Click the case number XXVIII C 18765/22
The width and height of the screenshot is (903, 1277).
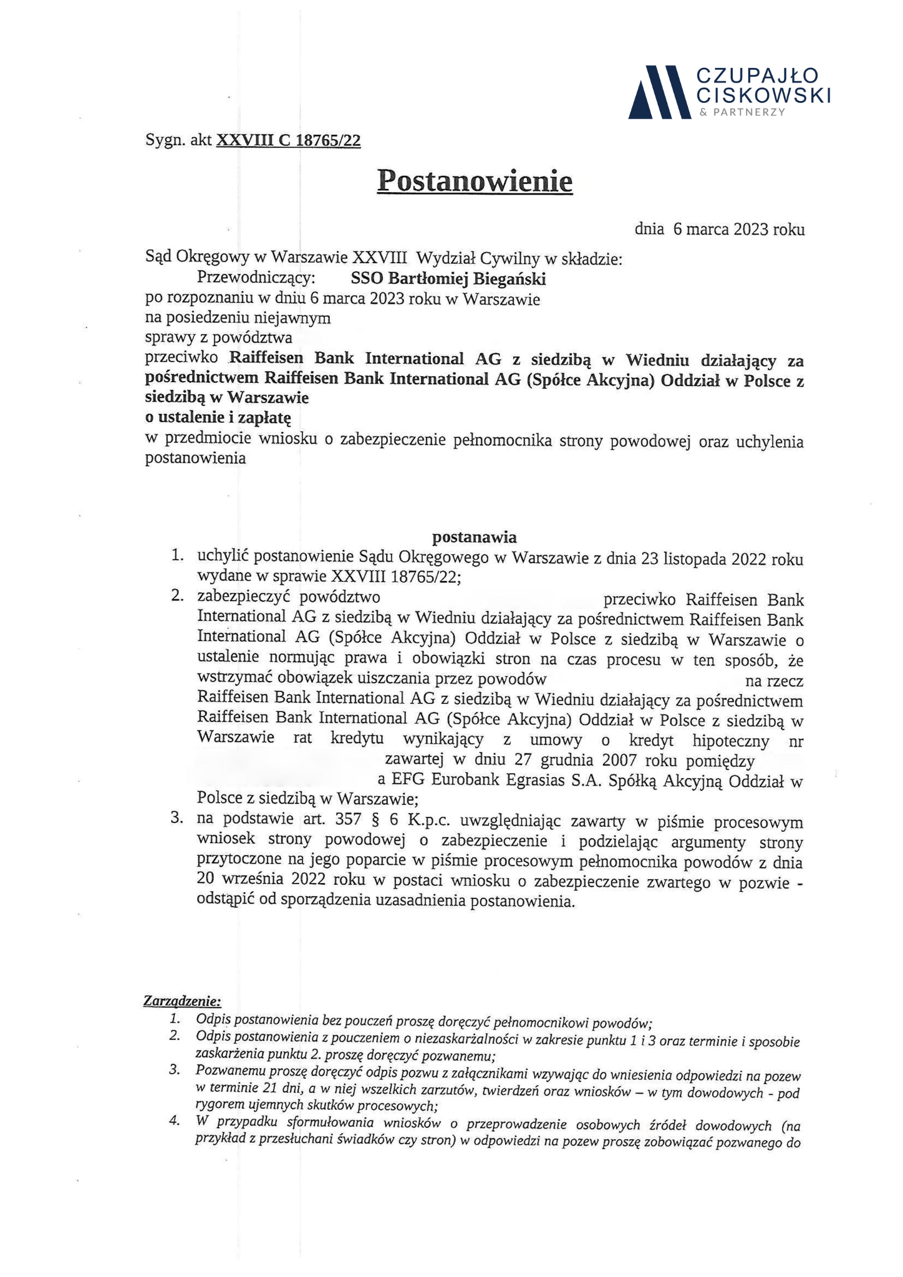point(288,140)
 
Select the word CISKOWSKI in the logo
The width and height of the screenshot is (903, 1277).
point(763,95)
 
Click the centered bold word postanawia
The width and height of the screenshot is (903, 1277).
point(475,537)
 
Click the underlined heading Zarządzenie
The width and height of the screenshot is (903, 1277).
point(182,1001)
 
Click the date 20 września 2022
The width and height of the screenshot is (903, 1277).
point(263,880)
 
